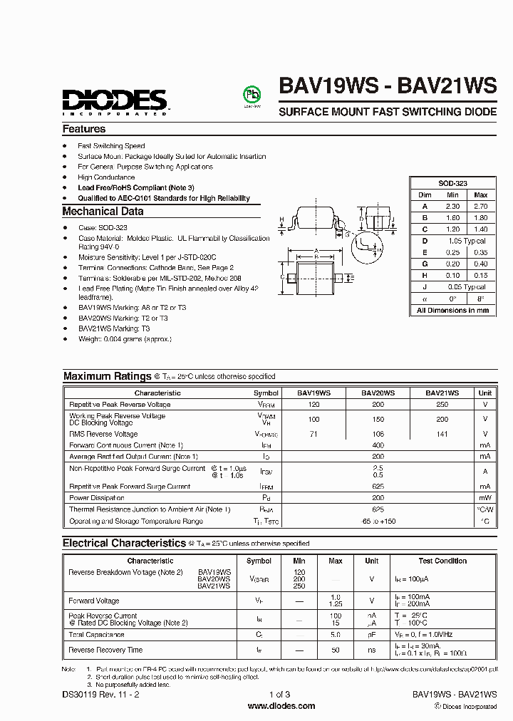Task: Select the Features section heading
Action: tap(84, 129)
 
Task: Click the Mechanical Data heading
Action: tap(103, 212)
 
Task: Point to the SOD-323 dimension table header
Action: tap(452, 183)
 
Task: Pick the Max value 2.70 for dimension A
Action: tap(480, 206)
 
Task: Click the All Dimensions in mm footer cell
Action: tap(452, 311)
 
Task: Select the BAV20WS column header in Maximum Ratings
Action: tap(378, 393)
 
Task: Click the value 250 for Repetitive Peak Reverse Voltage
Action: tap(442, 404)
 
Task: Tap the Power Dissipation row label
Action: tap(97, 498)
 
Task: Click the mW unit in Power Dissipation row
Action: tap(484, 498)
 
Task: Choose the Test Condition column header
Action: tap(442, 561)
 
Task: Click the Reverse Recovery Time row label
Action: tap(105, 650)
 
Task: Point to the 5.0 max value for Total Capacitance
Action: tap(336, 634)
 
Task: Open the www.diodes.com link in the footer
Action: tap(281, 706)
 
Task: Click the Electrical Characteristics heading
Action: tap(124, 543)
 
